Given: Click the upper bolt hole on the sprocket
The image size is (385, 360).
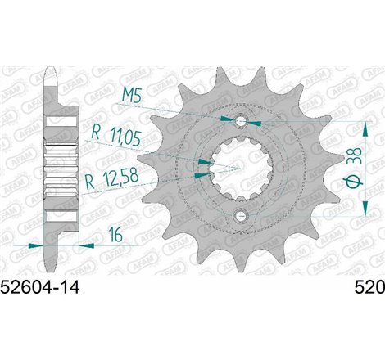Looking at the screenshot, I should click(240, 123).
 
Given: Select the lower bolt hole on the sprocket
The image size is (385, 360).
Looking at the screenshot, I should click(240, 216).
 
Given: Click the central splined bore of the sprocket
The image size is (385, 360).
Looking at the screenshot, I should click(240, 169).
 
